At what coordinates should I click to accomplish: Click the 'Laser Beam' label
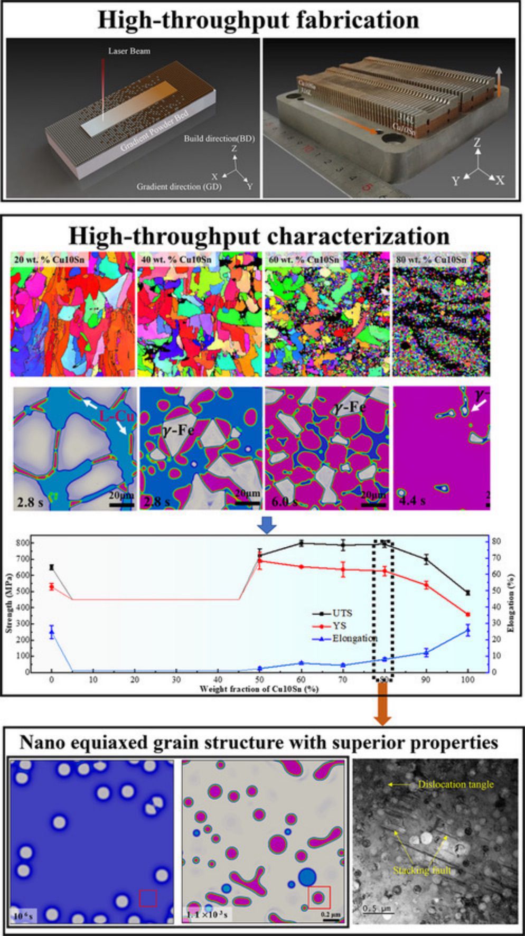pos(129,51)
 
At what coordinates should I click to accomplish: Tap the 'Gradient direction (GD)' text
pos(179,186)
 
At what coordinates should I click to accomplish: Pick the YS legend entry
pos(339,625)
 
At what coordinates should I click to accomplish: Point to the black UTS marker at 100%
pos(467,593)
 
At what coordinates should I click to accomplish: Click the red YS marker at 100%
pos(467,614)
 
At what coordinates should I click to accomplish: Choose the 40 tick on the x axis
pos(218,679)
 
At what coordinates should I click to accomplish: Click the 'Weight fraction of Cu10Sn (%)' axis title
pos(259,689)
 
